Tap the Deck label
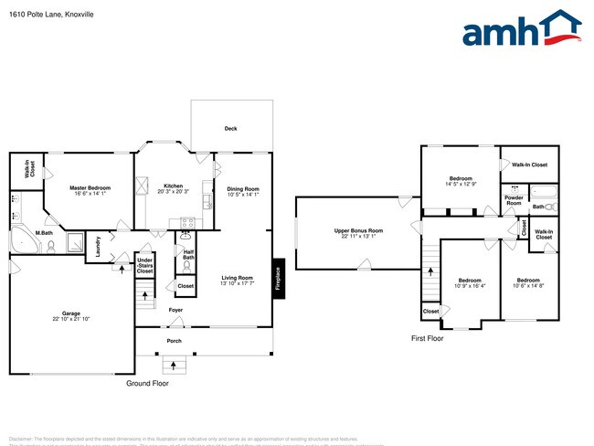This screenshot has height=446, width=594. click(231, 129)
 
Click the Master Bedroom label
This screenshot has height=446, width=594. click(90, 190)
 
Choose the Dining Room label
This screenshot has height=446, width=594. click(243, 191)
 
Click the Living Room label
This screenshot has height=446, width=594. click(242, 280)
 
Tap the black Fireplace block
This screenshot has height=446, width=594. click(277, 274)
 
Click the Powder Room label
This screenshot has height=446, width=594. click(514, 199)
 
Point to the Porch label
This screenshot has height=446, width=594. click(174, 341)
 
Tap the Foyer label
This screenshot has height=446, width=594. click(175, 310)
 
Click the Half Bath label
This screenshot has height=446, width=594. click(188, 255)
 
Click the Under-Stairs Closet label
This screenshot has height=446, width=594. click(144, 265)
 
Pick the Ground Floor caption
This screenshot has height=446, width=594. click(148, 384)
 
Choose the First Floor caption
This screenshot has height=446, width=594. click(427, 338)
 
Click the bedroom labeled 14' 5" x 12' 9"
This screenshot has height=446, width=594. click(460, 181)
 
